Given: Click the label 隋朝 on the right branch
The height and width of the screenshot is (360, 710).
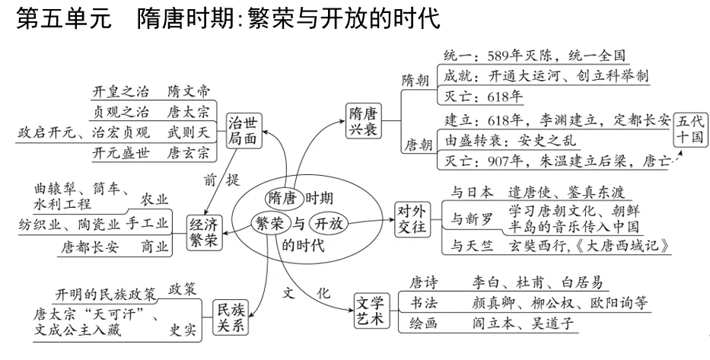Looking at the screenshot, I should point(415,80).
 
